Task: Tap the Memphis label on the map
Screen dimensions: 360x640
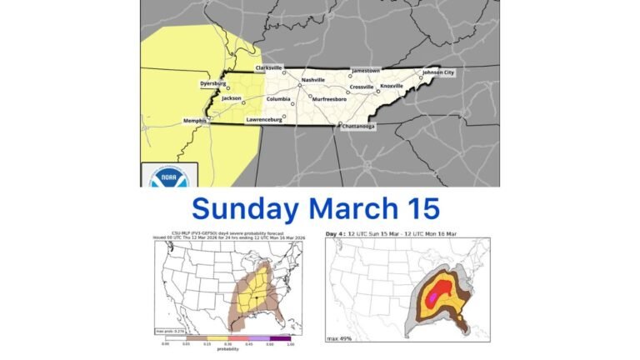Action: (x=195, y=121)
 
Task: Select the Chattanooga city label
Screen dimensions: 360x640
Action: (x=357, y=127)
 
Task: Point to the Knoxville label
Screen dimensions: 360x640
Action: (x=392, y=86)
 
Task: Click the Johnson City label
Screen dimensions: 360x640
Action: (x=438, y=72)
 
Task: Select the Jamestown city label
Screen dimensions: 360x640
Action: (x=366, y=71)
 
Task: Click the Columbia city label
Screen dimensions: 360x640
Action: (x=278, y=99)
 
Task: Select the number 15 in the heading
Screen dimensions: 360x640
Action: (x=420, y=207)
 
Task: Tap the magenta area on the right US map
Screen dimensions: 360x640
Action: (x=442, y=288)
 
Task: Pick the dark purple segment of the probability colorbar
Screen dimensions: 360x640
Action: (x=281, y=337)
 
